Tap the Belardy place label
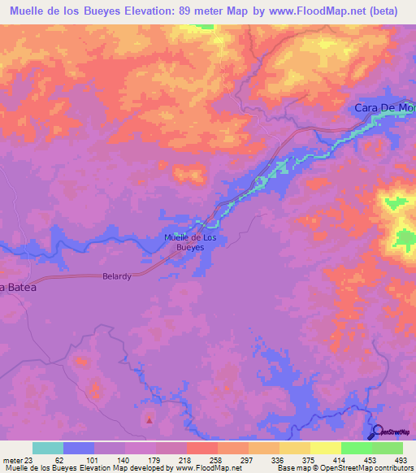point(117,276)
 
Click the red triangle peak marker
point(149,420)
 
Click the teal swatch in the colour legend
point(48,448)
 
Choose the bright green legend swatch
point(357,448)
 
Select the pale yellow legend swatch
point(326,448)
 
